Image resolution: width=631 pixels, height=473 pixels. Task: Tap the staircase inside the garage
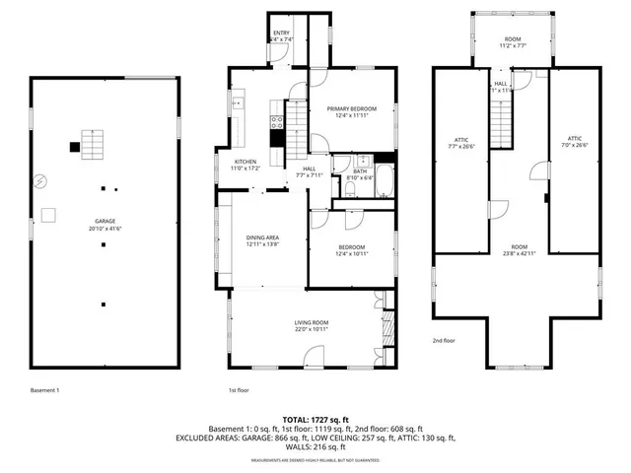92,149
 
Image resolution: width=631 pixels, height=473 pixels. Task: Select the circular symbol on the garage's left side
40,181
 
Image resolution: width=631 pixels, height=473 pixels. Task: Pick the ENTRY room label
281,33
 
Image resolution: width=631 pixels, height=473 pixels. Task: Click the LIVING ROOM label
312,322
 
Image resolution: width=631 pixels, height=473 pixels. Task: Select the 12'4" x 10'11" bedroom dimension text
351,253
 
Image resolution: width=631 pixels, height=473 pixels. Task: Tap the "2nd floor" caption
443,341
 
